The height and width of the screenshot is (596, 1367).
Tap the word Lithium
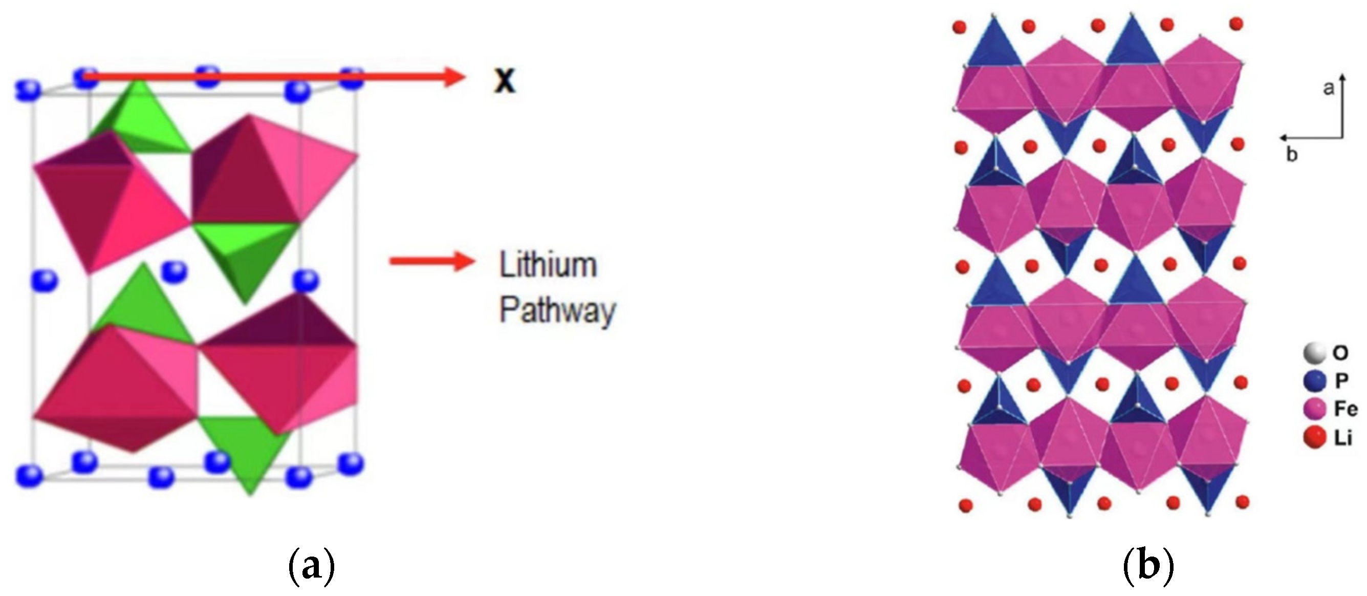pyautogui.click(x=548, y=265)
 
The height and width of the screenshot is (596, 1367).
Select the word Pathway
pyautogui.click(x=557, y=310)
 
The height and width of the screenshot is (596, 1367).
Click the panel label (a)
pyautogui.click(x=311, y=567)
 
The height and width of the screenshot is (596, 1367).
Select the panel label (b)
pyautogui.click(x=1148, y=567)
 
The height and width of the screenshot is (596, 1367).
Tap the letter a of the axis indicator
pyautogui.click(x=1328, y=88)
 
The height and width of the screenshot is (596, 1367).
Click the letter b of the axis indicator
pyautogui.click(x=1292, y=155)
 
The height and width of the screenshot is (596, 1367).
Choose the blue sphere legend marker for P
pyautogui.click(x=1314, y=380)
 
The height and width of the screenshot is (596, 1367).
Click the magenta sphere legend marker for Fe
pyautogui.click(x=1314, y=409)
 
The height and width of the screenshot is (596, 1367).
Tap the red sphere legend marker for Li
pyautogui.click(x=1314, y=438)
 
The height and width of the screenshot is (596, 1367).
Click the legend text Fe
pyautogui.click(x=1345, y=409)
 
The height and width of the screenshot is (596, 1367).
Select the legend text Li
pyautogui.click(x=1343, y=438)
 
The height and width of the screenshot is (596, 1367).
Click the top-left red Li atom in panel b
pyautogui.click(x=960, y=27)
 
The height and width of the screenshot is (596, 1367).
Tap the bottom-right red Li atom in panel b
pyautogui.click(x=1242, y=502)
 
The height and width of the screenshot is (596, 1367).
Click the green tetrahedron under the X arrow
pyautogui.click(x=141, y=119)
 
